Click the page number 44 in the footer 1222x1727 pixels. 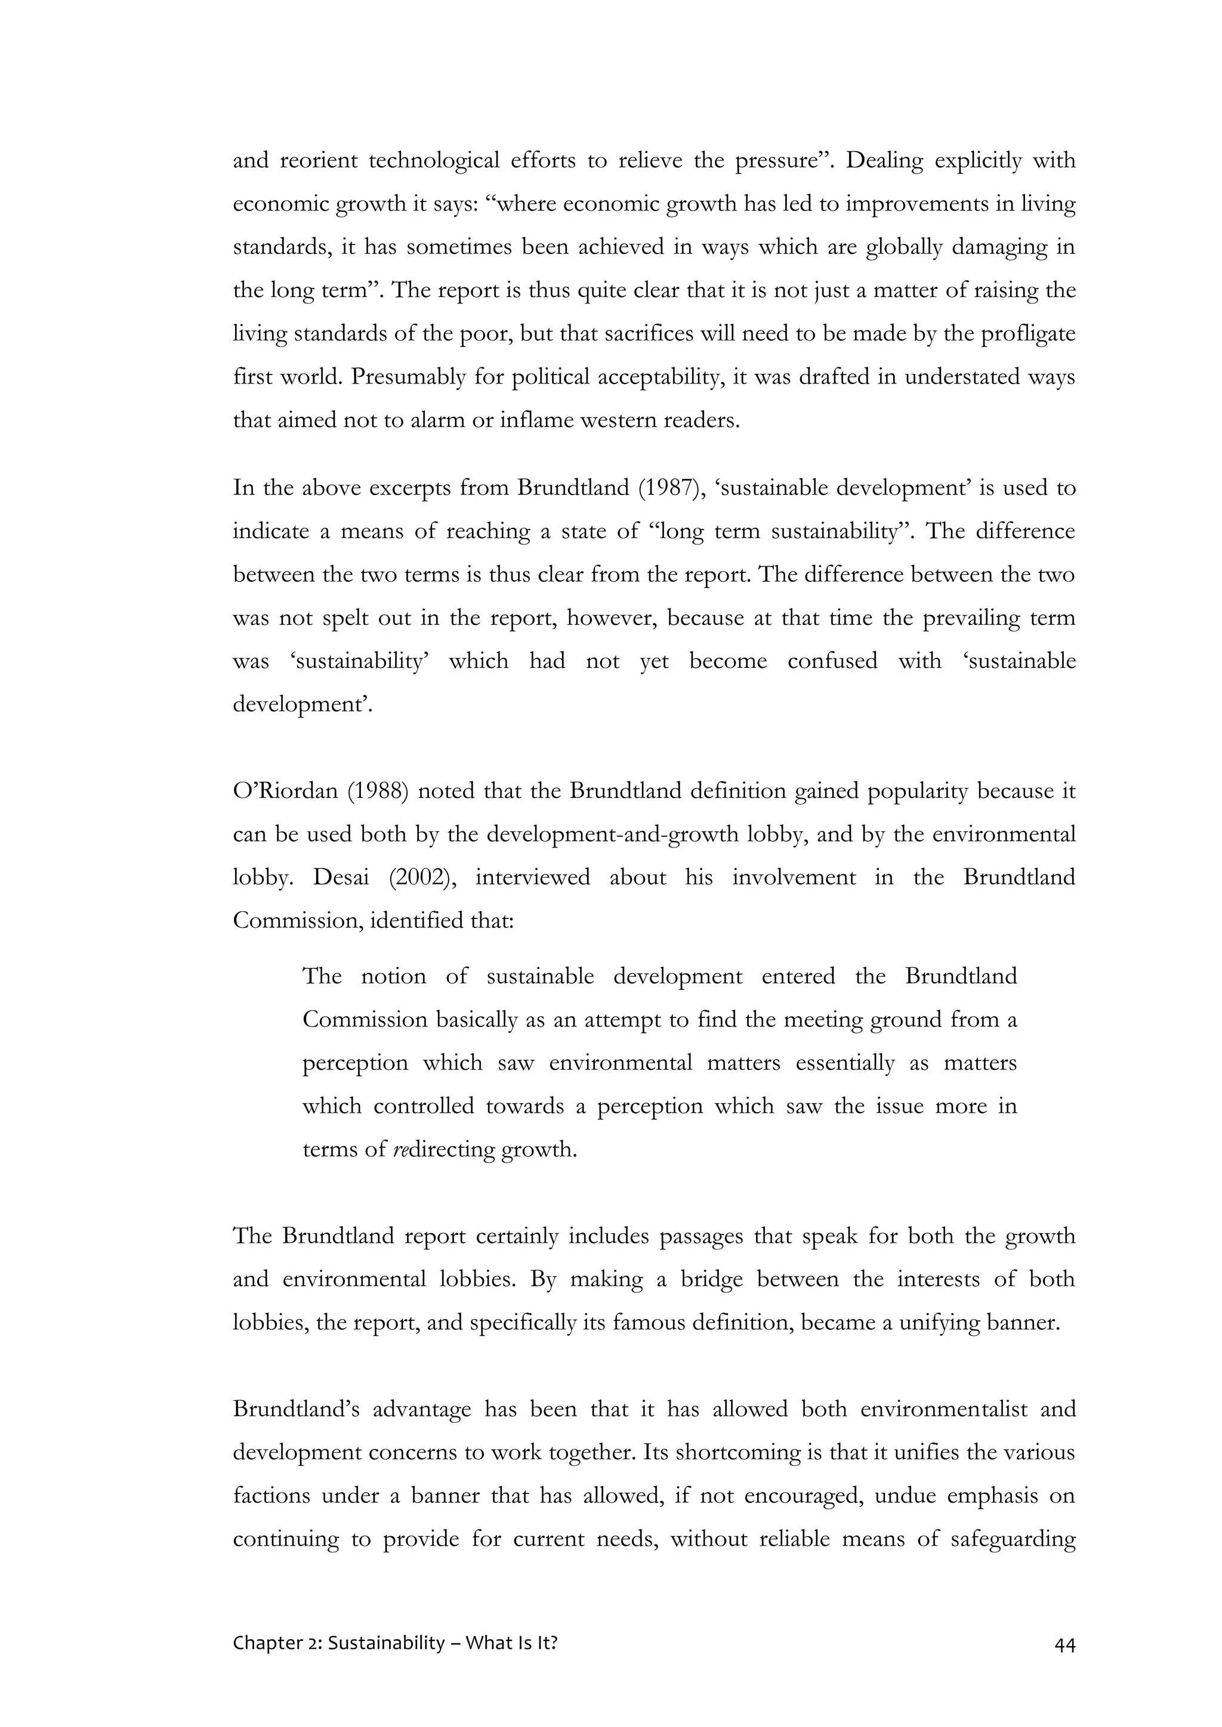point(1064,1644)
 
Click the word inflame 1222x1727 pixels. point(539,420)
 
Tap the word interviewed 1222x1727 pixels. point(532,878)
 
